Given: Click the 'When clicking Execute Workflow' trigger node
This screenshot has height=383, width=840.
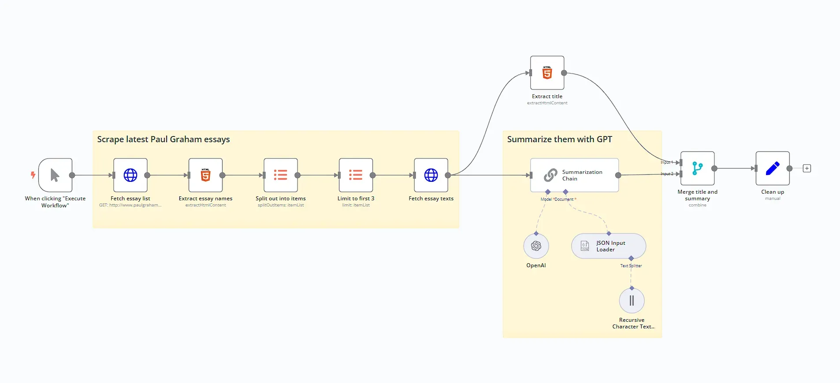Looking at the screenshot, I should point(55,175).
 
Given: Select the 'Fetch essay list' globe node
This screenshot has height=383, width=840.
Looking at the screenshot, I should point(130,175).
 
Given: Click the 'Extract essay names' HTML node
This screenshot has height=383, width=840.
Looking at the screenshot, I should point(205,175).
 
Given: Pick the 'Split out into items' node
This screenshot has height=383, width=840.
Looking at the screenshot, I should point(281,175).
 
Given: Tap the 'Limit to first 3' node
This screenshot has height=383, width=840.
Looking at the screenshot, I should point(356,175).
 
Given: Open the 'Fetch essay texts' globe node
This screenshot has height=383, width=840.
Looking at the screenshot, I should point(431,175).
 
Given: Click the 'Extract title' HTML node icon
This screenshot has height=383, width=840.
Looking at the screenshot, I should point(547,73).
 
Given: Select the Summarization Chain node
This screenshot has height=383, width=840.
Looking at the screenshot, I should point(574,175).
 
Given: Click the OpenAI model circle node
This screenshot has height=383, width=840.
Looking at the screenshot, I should point(536,246).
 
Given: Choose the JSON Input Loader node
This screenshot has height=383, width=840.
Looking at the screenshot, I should point(609,246).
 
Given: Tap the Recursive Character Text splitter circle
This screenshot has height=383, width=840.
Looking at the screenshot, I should point(632,301).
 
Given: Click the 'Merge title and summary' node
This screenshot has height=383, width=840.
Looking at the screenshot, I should point(697,168).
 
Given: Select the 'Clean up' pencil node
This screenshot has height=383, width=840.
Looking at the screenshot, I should point(772,168).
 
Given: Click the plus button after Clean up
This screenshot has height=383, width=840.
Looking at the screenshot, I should point(807,169).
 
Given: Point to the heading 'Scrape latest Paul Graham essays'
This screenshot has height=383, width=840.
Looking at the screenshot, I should point(164,140).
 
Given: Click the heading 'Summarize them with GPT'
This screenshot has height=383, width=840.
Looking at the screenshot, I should point(559,140).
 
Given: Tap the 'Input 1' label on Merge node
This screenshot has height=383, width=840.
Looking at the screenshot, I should point(666,162).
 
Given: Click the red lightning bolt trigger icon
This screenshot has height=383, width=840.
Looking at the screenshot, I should point(33,175).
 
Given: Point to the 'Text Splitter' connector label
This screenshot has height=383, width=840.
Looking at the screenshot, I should point(631,266).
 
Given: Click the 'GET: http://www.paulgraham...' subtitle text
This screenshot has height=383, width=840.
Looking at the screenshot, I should point(130,205).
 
